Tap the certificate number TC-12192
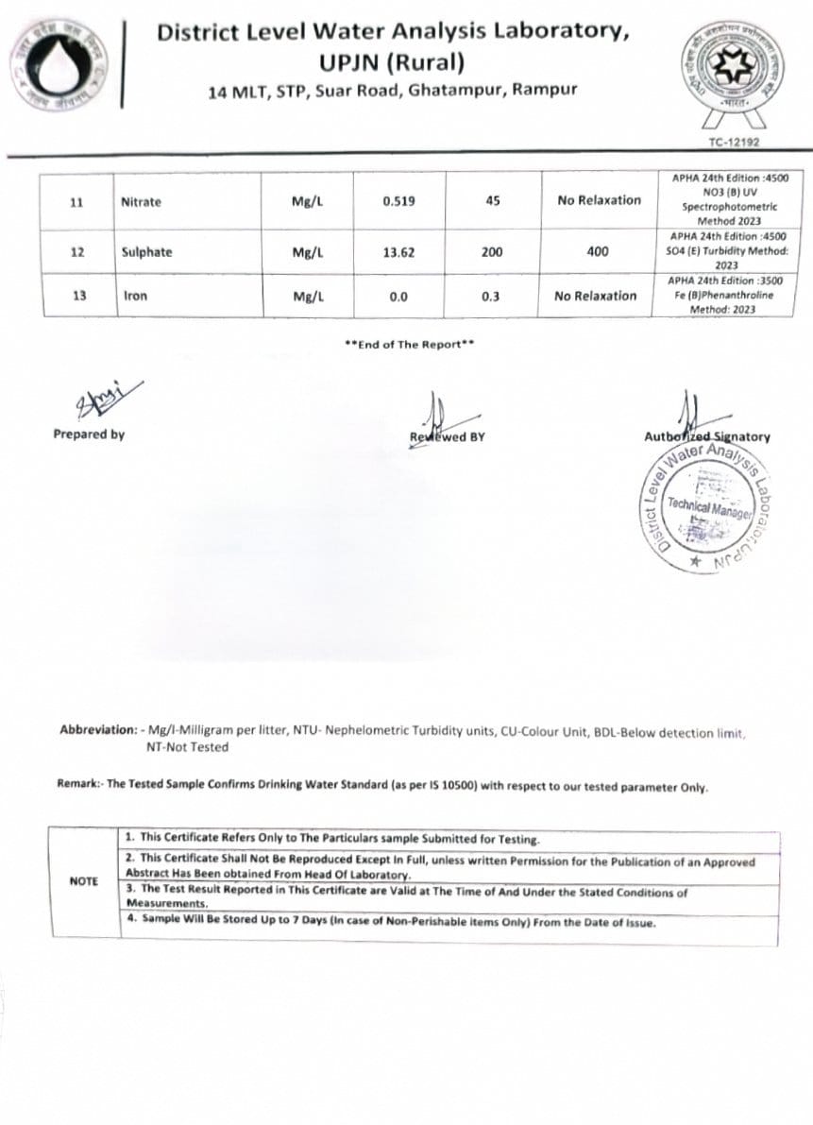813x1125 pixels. [734, 143]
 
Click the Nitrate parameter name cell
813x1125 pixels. [141, 202]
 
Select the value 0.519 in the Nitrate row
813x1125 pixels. [398, 202]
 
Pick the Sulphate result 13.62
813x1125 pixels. [398, 252]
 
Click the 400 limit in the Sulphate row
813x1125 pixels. [597, 252]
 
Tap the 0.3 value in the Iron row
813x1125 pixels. [490, 297]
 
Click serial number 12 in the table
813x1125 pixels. [78, 252]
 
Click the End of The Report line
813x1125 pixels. [410, 345]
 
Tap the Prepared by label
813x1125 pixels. [89, 435]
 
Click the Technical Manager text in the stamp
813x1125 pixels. [707, 506]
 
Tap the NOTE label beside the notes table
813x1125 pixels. [84, 881]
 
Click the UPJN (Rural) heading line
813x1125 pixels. [393, 63]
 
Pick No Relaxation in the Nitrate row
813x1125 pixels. [599, 200]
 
